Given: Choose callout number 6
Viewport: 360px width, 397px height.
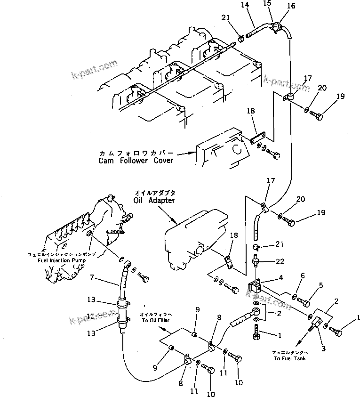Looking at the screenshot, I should [303, 276].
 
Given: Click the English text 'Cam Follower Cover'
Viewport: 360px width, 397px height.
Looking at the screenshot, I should [136, 161].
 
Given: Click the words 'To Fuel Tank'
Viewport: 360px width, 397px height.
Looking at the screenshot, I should [289, 358].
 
